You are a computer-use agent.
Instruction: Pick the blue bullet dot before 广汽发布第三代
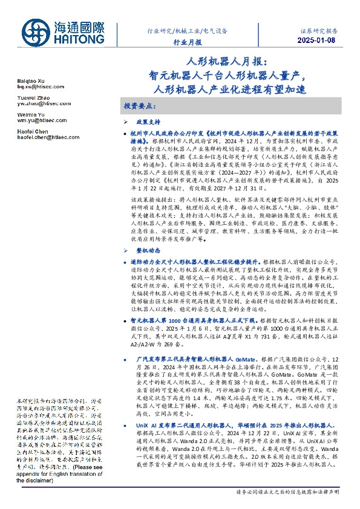(x=125, y=358)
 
